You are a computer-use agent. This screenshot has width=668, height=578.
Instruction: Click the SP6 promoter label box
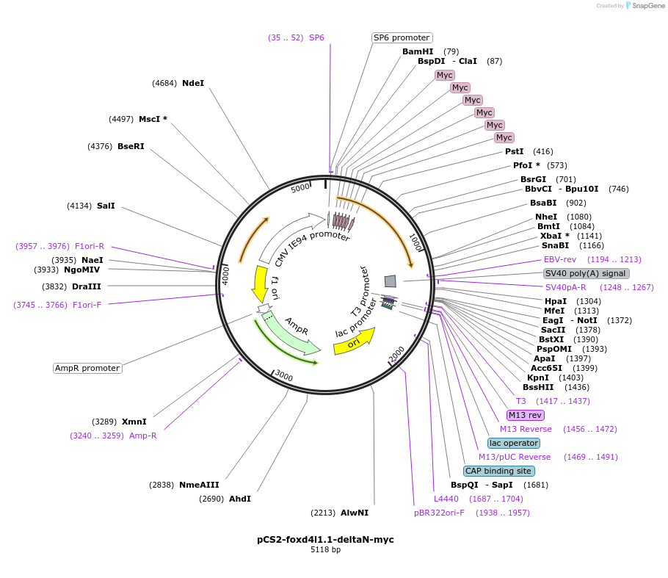pos(402,37)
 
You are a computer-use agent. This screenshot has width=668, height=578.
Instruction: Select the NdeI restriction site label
pos(193,83)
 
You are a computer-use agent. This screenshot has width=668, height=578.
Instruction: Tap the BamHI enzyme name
pos(418,51)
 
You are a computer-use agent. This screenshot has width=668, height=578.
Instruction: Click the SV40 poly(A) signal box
pos(587,273)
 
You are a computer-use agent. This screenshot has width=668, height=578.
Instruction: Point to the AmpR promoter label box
pos(87,368)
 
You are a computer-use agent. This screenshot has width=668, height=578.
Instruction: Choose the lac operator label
pos(514,443)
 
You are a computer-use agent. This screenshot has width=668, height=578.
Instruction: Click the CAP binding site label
pos(499,471)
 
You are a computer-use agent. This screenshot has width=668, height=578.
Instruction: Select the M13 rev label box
pos(526,415)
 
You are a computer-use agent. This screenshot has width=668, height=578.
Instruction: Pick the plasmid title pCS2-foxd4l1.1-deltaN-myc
pos(325,539)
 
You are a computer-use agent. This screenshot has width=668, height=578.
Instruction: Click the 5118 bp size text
pos(325,549)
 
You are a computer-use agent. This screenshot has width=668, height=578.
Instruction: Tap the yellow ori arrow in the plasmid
pos(354,342)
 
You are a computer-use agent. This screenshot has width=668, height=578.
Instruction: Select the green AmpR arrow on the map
pos(291,334)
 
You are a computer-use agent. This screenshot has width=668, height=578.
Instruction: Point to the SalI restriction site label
pos(106,206)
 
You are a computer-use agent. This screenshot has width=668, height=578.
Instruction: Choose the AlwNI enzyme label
pos(355,513)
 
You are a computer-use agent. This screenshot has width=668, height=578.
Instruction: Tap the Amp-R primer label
pos(143,436)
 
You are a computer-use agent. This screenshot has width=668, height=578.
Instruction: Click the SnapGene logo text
pos(645,5)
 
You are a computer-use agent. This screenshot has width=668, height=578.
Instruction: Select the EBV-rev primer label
pos(560,259)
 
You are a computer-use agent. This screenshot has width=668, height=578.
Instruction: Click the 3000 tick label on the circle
pos(283,377)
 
